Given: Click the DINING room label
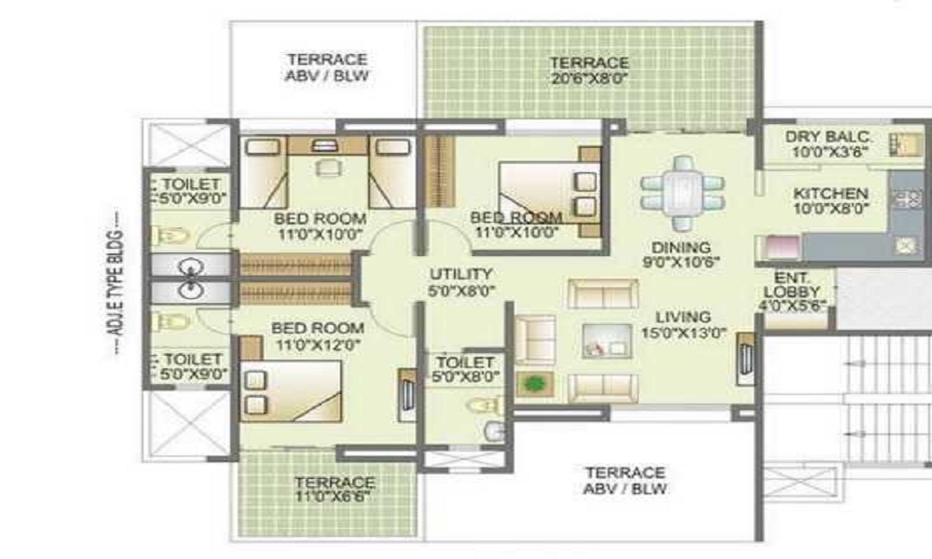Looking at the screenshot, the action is pyautogui.click(x=680, y=248).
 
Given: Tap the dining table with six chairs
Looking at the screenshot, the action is pyautogui.click(x=683, y=193).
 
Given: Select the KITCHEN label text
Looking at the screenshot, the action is pyautogui.click(x=830, y=194).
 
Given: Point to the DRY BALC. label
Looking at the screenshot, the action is pyautogui.click(x=828, y=137).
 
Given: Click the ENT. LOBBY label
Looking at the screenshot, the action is pyautogui.click(x=791, y=284).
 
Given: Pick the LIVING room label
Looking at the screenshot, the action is pyautogui.click(x=683, y=317).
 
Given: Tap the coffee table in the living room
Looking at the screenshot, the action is pyautogui.click(x=607, y=341).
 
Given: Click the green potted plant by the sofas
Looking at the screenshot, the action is pyautogui.click(x=535, y=384).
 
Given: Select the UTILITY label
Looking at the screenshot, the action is pyautogui.click(x=461, y=275).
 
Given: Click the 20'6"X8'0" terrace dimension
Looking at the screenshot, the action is pyautogui.click(x=589, y=78).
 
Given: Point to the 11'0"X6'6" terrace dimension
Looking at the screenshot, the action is pyautogui.click(x=334, y=497).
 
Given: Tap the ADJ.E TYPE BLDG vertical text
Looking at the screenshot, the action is pyautogui.click(x=116, y=282).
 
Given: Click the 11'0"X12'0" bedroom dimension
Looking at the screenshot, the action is pyautogui.click(x=318, y=345).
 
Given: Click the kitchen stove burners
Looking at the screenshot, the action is pyautogui.click(x=908, y=198).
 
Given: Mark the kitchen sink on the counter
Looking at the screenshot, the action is pyautogui.click(x=905, y=245).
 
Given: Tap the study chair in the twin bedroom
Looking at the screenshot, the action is pyautogui.click(x=328, y=168).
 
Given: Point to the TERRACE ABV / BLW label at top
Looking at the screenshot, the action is pyautogui.click(x=326, y=68).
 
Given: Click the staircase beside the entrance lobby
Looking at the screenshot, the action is pyautogui.click(x=885, y=398).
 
